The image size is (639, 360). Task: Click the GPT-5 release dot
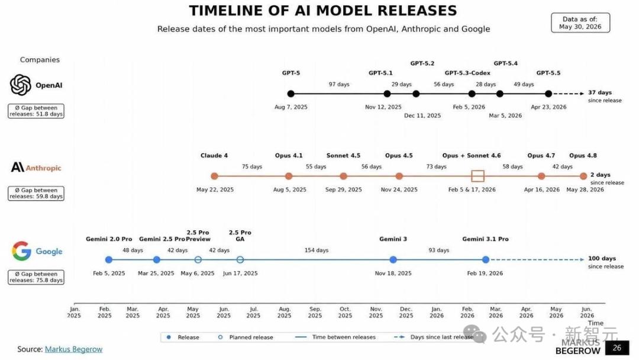point(291,94)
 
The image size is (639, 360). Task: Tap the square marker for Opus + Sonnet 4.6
point(477,171)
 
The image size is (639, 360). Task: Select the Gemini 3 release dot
point(393,260)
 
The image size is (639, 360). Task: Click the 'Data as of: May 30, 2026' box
point(580,23)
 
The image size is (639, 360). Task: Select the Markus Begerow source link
point(73,349)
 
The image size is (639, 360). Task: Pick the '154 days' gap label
point(316,250)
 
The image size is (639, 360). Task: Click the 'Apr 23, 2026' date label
point(548,107)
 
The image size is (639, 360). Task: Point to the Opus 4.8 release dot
point(583,176)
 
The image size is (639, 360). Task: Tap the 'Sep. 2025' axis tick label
point(315,312)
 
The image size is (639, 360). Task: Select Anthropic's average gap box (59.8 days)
point(36,193)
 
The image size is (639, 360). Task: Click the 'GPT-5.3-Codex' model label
point(467,73)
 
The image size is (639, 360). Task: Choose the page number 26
point(617,348)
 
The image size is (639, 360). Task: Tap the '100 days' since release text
point(602,259)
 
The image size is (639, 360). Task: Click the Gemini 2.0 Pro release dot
point(108,260)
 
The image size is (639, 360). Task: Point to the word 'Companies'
point(40,60)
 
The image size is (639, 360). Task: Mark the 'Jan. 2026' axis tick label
point(437,312)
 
